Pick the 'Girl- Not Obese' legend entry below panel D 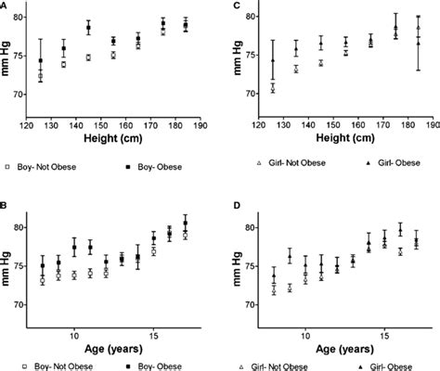tap(278, 365)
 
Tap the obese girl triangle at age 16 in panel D tap(400, 229)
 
